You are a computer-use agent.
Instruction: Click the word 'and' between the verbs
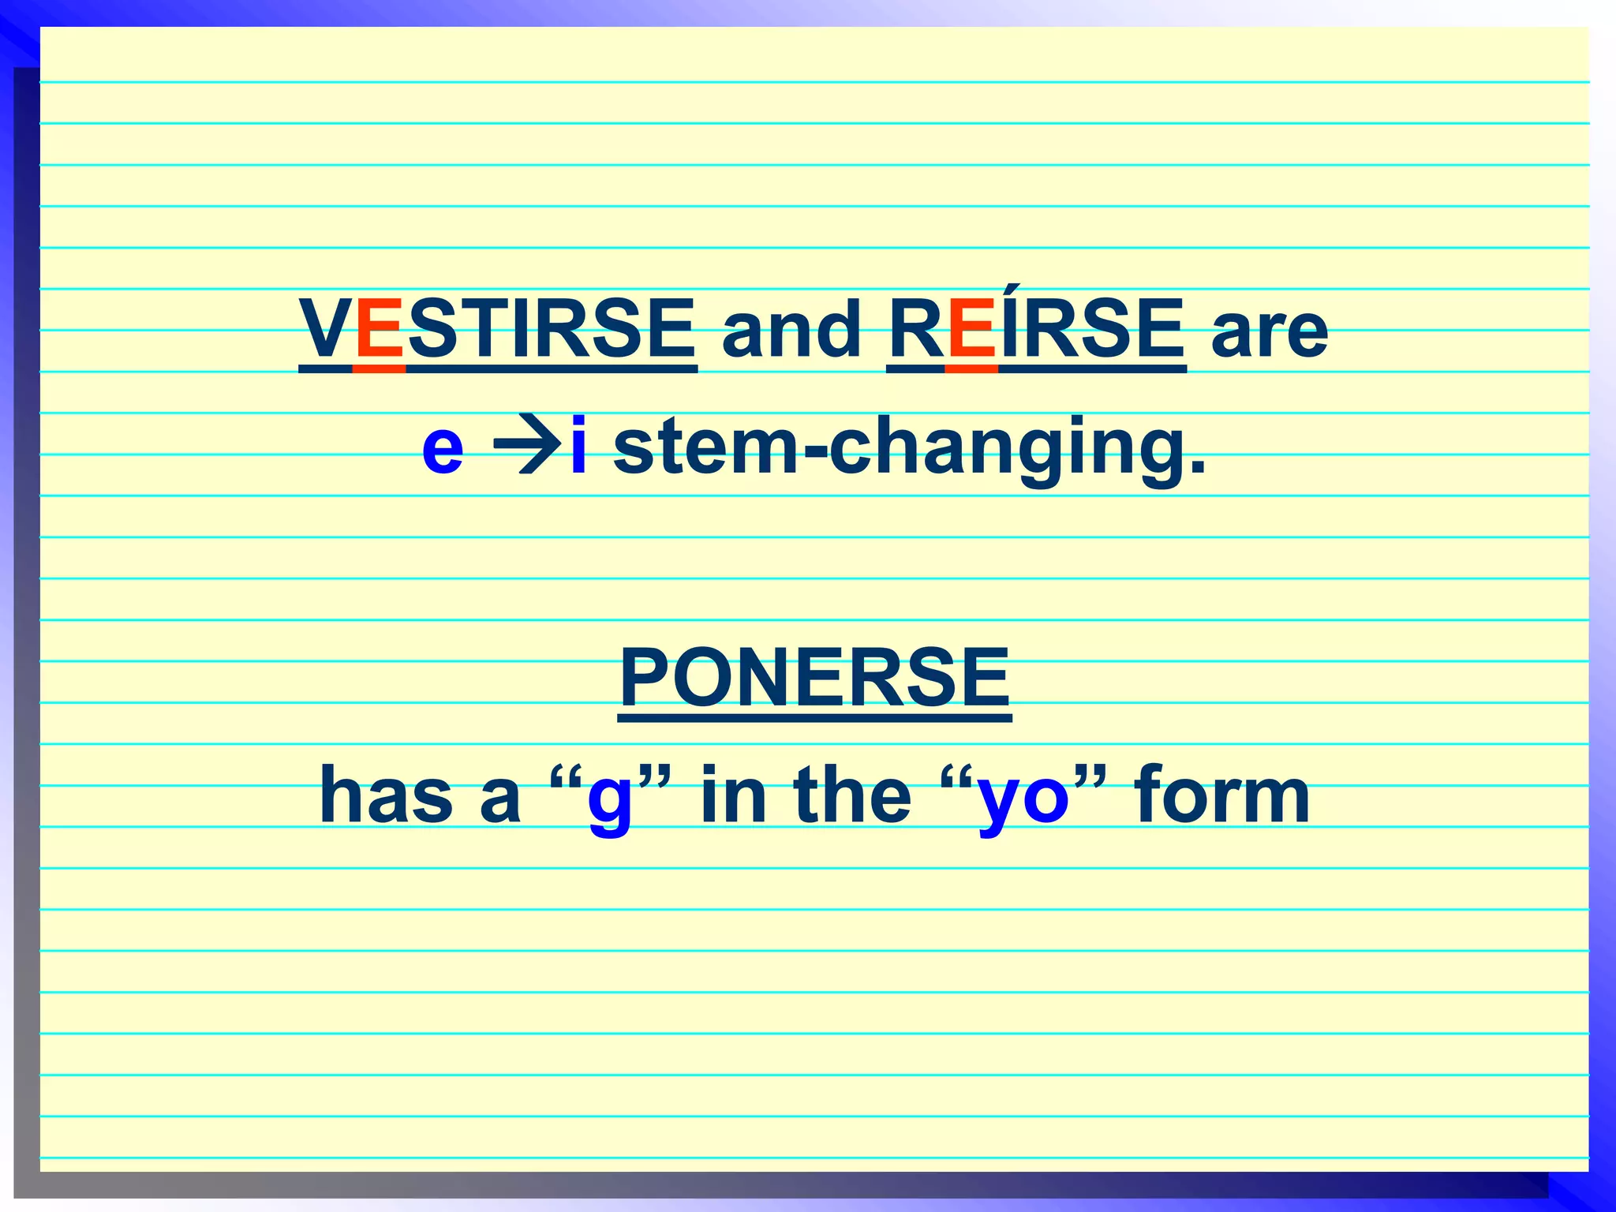click(791, 330)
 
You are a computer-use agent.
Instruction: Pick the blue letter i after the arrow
click(578, 445)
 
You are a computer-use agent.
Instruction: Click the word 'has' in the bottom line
click(386, 795)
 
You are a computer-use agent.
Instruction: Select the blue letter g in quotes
click(609, 802)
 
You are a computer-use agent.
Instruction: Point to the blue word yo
click(1023, 802)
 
